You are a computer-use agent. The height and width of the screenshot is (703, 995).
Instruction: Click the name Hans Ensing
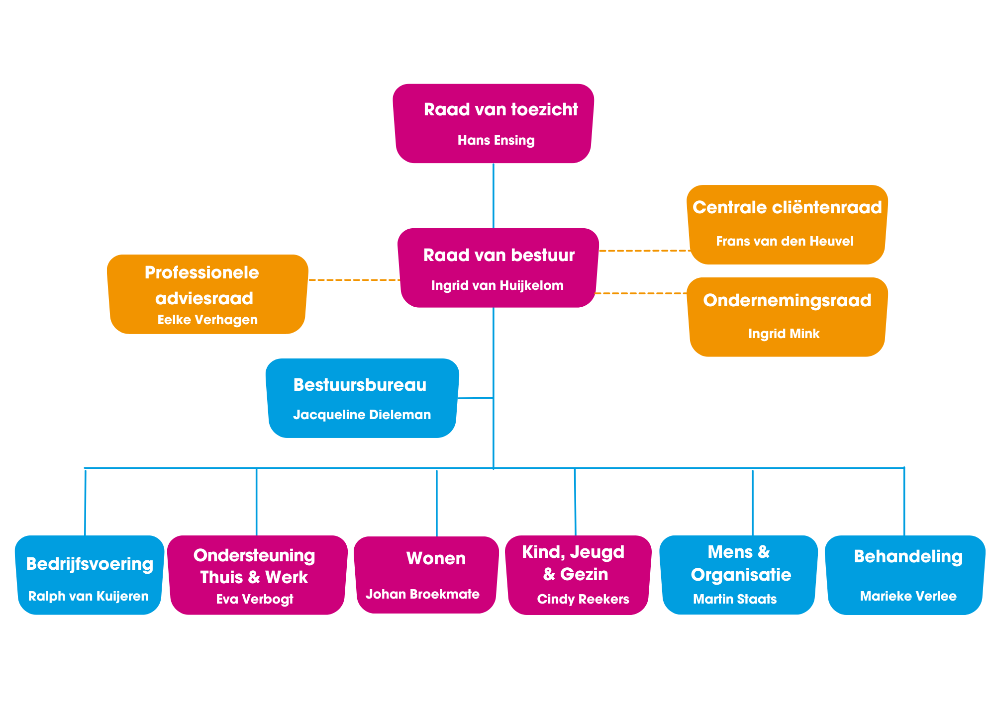coord(496,141)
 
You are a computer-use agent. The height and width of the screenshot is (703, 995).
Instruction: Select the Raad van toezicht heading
coord(500,110)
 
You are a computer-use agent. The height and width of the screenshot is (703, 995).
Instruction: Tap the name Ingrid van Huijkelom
coord(497,286)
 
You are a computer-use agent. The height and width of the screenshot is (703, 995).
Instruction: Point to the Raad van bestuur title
coord(498,256)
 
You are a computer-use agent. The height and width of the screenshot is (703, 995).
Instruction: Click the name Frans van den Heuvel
coord(785,242)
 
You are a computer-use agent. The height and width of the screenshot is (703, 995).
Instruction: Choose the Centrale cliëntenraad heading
coord(787,208)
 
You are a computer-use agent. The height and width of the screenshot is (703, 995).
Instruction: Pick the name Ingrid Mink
coord(784,334)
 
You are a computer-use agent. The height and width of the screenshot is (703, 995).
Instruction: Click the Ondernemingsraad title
coord(787,301)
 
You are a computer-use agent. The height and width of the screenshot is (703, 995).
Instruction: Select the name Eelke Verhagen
coord(207,320)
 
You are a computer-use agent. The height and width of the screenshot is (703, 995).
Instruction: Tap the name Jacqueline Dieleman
coord(362,415)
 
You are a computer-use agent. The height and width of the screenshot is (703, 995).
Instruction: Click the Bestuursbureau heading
coord(360,385)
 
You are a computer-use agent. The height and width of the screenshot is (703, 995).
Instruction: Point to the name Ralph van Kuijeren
coord(89,597)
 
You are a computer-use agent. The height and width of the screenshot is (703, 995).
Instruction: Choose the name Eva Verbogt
coord(255,600)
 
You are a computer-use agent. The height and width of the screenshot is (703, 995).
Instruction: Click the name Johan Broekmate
coord(422,595)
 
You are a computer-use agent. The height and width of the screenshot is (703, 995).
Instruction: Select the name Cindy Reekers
coord(583,600)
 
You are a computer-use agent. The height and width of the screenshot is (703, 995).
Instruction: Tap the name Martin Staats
coord(735,600)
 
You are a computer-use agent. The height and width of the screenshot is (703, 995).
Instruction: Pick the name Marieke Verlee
coord(908,597)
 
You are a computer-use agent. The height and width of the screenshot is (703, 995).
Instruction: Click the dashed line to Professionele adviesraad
coord(354,280)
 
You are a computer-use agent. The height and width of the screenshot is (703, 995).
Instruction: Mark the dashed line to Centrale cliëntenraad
coord(644,251)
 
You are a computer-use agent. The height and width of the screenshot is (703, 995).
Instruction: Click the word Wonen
coord(436,559)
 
